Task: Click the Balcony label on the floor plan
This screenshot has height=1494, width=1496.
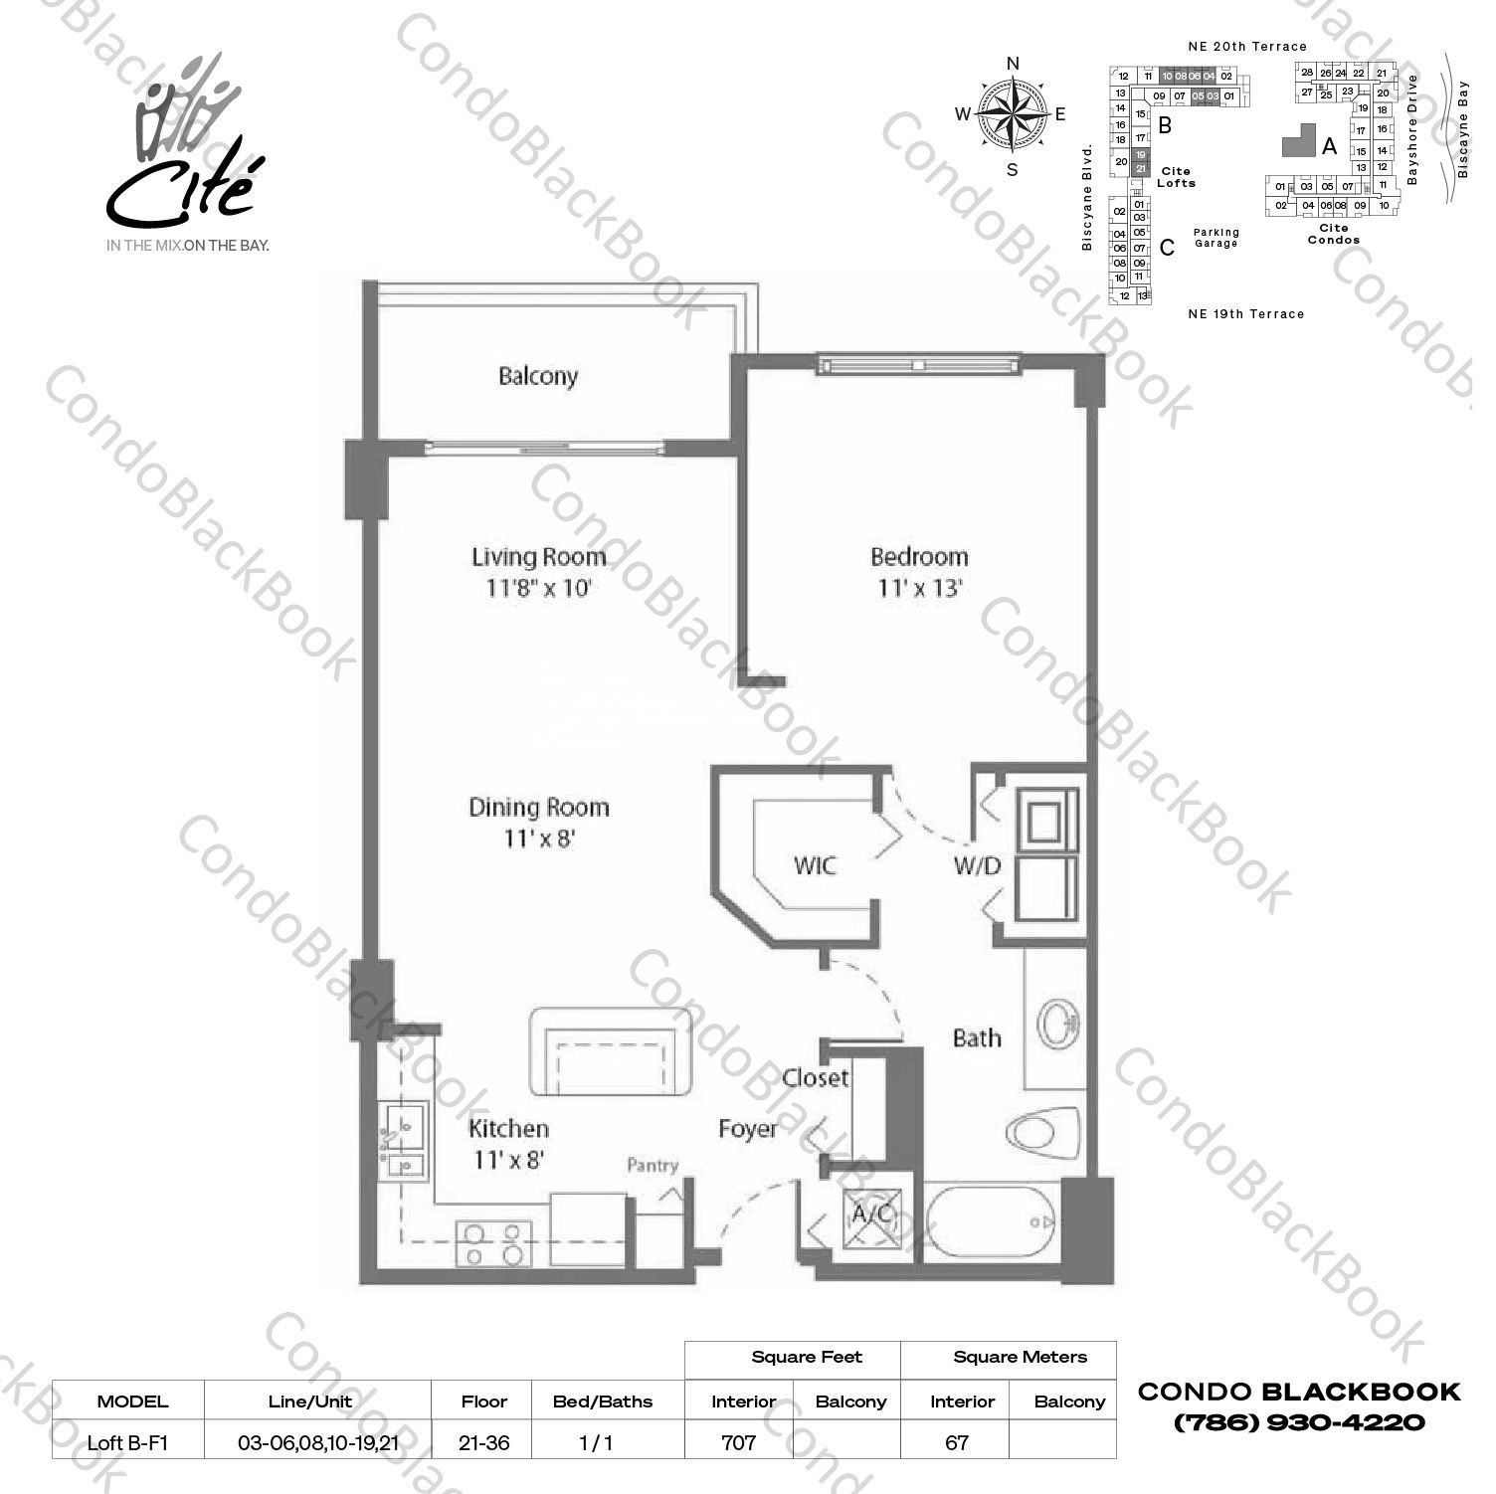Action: [x=537, y=376]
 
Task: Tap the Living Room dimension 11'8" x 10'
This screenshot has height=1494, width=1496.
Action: [x=538, y=588]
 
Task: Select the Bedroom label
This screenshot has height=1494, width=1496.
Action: [x=918, y=556]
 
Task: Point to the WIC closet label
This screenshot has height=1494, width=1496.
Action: [x=815, y=865]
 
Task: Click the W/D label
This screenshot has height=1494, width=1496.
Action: [x=977, y=865]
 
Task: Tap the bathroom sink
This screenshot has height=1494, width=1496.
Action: [x=1055, y=1021]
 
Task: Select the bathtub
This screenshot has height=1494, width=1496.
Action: [x=990, y=1219]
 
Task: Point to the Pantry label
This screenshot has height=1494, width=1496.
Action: [x=653, y=1166]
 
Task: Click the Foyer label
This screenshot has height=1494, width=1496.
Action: [x=748, y=1129]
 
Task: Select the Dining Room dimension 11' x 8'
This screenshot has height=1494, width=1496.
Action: [x=539, y=839]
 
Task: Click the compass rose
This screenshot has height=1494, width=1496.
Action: [x=1013, y=115]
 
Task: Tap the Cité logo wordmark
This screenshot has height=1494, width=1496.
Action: [x=181, y=189]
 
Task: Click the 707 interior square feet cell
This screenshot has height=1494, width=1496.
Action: [x=738, y=1441]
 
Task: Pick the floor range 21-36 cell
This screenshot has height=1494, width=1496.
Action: [x=484, y=1441]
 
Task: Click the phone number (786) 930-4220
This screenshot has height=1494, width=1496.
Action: [x=1300, y=1422]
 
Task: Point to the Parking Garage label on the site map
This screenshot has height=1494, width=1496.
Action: [x=1216, y=238]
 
